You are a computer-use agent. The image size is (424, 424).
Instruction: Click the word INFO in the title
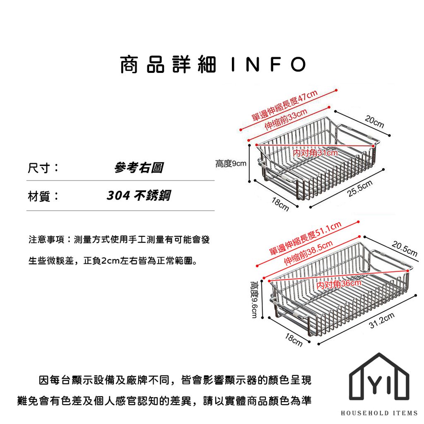pyautogui.click(x=267, y=65)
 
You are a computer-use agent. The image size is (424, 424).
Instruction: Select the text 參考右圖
pyautogui.click(x=138, y=168)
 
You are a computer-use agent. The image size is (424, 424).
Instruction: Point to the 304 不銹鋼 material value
pyautogui.click(x=138, y=195)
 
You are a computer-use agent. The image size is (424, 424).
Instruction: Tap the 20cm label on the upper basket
pyautogui.click(x=374, y=122)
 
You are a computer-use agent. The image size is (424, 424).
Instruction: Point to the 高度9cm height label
pyautogui.click(x=231, y=164)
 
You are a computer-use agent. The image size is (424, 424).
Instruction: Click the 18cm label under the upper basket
pyautogui.click(x=280, y=204)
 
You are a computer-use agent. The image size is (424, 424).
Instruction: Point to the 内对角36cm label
pyautogui.click(x=338, y=284)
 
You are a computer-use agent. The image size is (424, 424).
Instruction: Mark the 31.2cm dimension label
pyautogui.click(x=381, y=321)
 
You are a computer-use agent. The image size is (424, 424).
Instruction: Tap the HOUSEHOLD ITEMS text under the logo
pyautogui.click(x=379, y=413)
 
